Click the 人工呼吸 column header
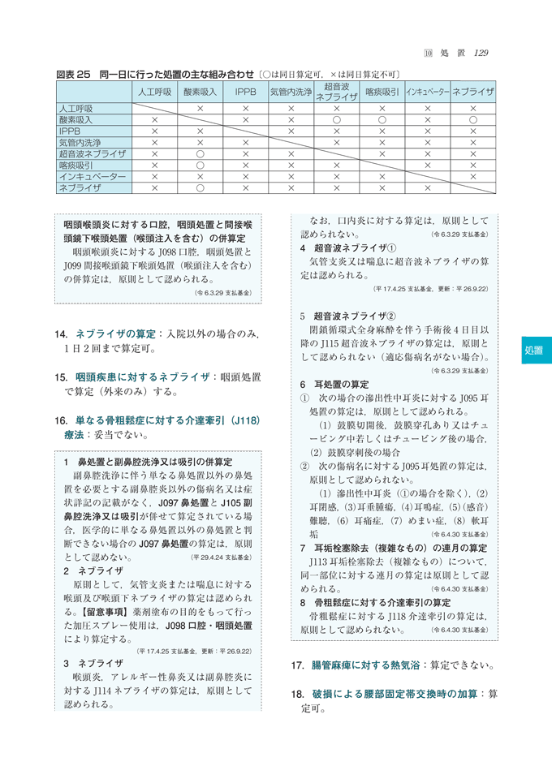152,93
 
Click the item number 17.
296,665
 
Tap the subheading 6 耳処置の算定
334,384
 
